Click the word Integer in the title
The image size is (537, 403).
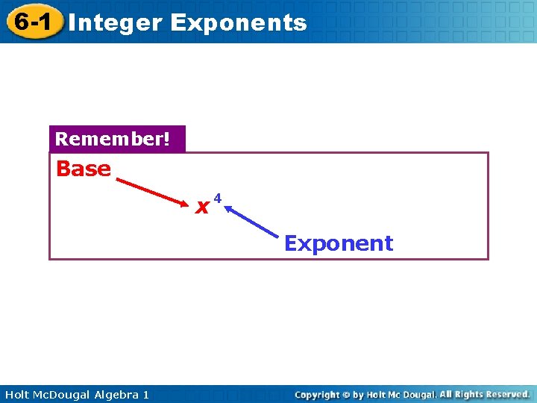click(115, 23)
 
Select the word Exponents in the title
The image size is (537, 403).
click(238, 23)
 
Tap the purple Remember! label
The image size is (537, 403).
click(116, 140)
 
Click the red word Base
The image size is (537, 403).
click(84, 169)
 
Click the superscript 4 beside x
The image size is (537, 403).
click(218, 198)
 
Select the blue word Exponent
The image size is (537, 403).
click(339, 243)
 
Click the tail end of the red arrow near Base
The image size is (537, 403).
click(119, 178)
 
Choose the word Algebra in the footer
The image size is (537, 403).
click(115, 394)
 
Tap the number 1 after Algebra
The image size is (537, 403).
click(145, 394)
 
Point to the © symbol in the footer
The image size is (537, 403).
click(345, 394)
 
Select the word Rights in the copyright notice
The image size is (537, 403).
click(470, 394)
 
